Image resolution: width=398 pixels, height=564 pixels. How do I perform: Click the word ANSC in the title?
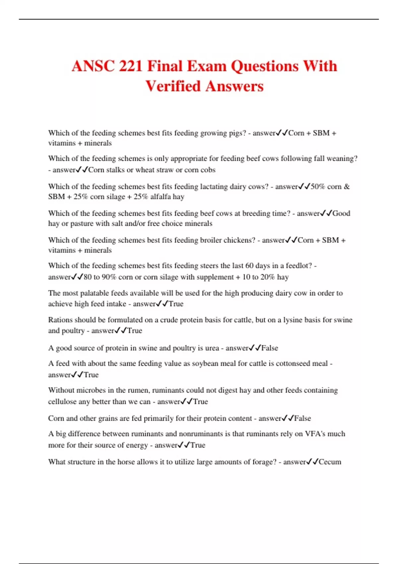pos(93,66)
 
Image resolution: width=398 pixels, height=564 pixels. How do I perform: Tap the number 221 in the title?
pos(131,66)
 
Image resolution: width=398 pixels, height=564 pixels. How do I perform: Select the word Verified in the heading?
pos(173,86)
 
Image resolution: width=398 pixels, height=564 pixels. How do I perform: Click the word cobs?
pos(208,170)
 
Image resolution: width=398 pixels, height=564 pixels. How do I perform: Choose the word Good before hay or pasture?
pos(341,213)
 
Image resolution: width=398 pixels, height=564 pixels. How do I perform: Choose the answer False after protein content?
pos(302,418)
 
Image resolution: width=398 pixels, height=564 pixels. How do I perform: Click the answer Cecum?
pos(330,462)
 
